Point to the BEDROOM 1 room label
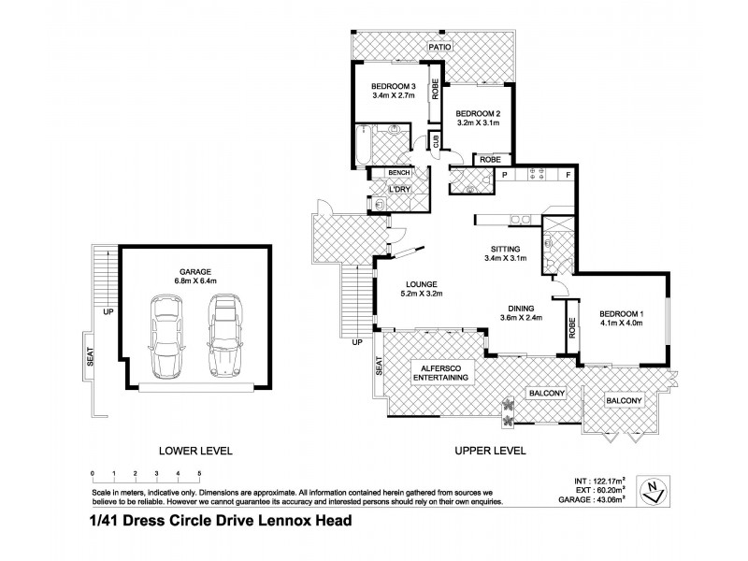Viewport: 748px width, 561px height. tap(620, 313)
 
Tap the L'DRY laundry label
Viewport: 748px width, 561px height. tap(401, 191)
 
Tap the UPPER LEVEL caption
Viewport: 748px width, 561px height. tap(491, 451)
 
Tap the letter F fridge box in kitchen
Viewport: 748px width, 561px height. tap(568, 175)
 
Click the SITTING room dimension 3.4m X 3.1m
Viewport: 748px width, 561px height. tap(506, 259)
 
